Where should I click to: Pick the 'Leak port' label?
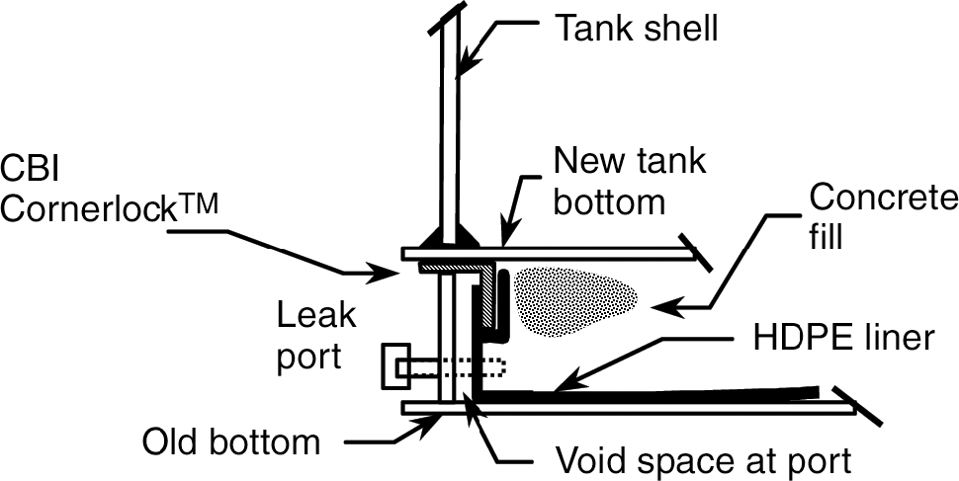(x=308, y=335)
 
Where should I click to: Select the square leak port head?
(x=393, y=366)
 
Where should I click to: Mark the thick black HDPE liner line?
(x=643, y=395)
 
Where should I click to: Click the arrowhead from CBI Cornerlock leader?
(x=393, y=271)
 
